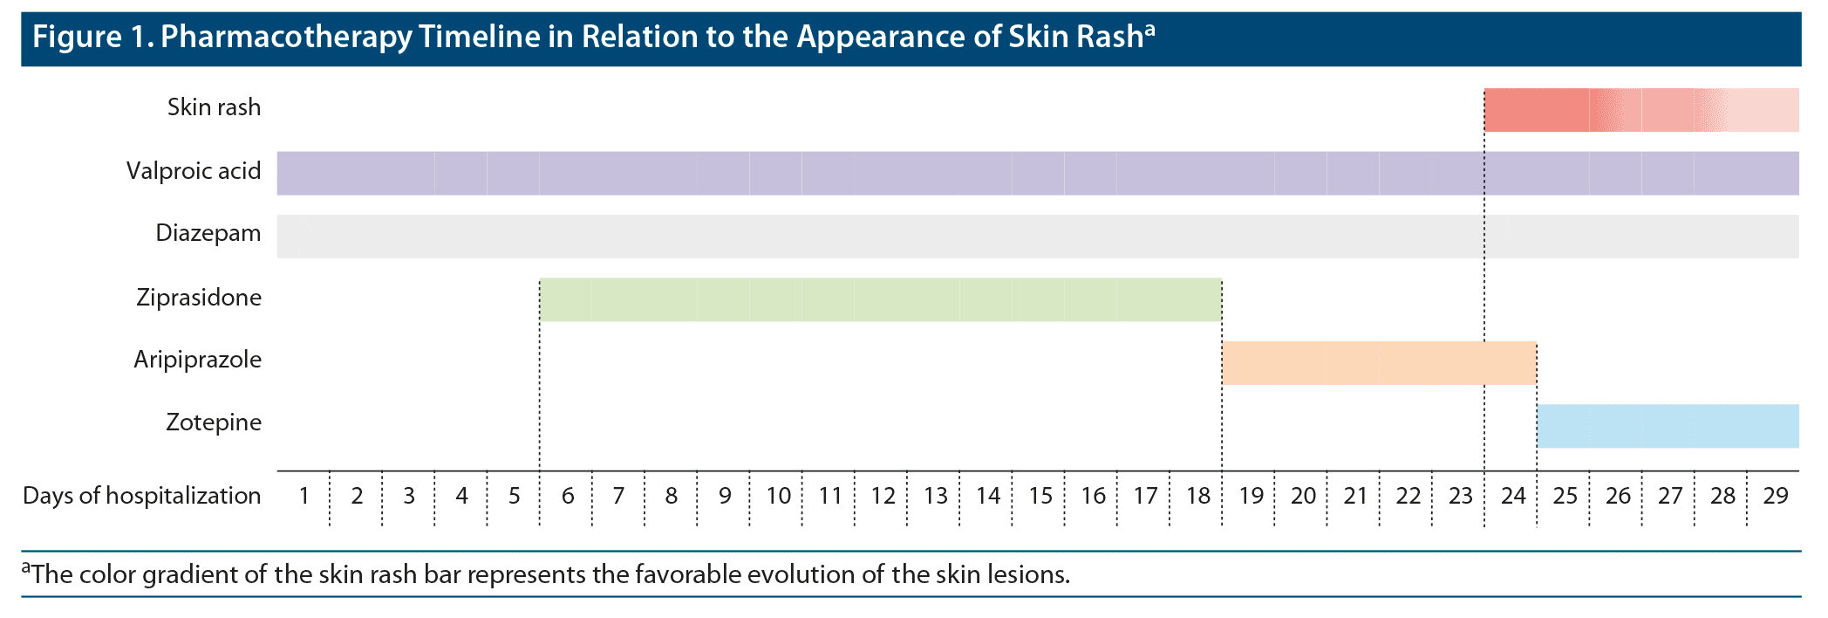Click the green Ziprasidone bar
point(881,299)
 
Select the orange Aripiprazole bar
point(1379,363)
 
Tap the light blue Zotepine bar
point(1668,426)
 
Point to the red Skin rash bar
point(1641,110)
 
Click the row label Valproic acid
point(194,170)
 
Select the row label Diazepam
point(208,233)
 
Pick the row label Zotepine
point(214,422)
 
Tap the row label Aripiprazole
point(197,360)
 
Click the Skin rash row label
point(214,107)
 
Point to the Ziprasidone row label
point(199,298)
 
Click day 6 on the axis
point(567,496)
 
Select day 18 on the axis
point(1197,496)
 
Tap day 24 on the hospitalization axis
point(1512,496)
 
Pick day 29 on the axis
point(1775,496)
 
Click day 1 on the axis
point(304,496)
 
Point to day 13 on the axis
point(935,496)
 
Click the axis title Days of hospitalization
point(141,496)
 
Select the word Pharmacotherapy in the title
point(286,38)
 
